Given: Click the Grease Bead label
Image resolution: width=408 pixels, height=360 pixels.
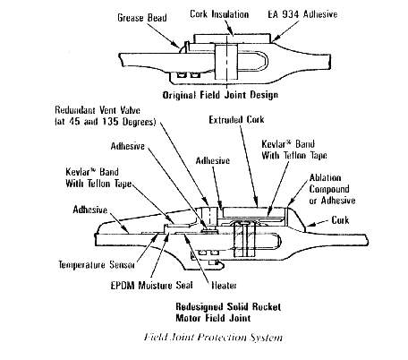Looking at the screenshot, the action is pos(142,18).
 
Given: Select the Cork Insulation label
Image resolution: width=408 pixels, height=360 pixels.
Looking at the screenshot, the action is pos(219,14).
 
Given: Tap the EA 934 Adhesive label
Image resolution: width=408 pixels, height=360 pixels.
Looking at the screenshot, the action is pos(302,14).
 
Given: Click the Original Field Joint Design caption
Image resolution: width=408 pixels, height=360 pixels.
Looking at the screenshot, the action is pos(220,95).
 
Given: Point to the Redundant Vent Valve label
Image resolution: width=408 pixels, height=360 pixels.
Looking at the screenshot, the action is pos(106,116).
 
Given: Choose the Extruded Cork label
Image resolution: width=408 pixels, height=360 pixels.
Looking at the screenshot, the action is pos(236,120).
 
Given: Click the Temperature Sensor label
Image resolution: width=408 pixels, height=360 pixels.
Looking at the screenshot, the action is pos(97,264).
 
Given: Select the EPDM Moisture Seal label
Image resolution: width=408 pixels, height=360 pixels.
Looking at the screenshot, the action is pos(151,285).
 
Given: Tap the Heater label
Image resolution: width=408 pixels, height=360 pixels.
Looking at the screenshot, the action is pos(224,286).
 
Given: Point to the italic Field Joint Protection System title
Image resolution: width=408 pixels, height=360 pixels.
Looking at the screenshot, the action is pos(213,337).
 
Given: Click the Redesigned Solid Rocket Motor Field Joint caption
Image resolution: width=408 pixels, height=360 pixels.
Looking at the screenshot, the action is pos(228,312).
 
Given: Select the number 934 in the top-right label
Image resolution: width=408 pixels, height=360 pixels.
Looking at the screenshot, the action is pos(293,14).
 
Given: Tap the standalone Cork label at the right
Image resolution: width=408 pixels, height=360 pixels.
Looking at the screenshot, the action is pos(340,220).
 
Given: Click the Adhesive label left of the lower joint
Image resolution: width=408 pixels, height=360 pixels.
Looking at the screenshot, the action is pos(90,210).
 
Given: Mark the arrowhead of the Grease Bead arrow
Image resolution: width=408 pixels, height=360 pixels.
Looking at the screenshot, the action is pos(180,47).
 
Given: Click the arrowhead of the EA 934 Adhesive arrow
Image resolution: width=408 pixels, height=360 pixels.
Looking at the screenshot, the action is pos(273,39).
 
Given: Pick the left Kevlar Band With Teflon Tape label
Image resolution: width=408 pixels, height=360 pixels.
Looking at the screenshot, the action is pos(98,177).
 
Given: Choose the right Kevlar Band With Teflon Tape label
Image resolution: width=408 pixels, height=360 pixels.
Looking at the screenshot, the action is pos(294,150).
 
